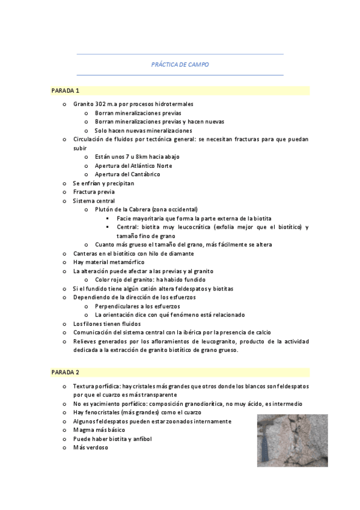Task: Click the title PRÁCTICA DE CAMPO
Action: click(x=180, y=64)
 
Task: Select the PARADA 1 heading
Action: click(x=65, y=91)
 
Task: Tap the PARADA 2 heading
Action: click(x=65, y=373)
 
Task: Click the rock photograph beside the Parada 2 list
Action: click(x=293, y=440)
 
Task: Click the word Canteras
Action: click(x=86, y=253)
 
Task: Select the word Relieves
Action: click(x=85, y=341)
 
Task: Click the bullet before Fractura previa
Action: click(x=64, y=192)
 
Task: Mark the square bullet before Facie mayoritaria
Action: click(x=106, y=218)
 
